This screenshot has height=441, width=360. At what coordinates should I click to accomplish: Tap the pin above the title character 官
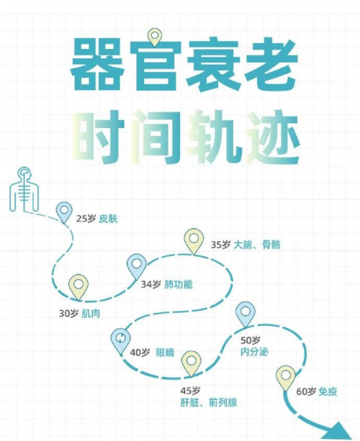point(154,37)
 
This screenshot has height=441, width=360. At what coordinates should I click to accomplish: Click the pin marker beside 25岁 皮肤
point(64,212)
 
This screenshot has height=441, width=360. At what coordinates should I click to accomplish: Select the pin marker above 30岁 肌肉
point(78,287)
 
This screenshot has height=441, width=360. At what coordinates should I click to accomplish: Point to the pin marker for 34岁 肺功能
point(137,266)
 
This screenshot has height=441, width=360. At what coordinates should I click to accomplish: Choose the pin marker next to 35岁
point(194,241)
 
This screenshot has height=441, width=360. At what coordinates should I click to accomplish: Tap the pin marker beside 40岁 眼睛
point(121,341)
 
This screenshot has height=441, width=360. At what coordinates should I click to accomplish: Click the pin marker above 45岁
point(191,363)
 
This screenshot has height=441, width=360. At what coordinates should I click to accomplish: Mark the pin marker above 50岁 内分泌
point(246,314)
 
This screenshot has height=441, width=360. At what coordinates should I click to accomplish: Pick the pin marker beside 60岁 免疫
point(286,378)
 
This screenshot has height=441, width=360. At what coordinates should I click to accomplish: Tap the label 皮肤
point(108,219)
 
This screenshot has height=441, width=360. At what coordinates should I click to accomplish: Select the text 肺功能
point(179,285)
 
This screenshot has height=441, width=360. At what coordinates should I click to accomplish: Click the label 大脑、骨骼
point(257,245)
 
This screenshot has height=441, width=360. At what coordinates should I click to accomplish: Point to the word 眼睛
point(165,353)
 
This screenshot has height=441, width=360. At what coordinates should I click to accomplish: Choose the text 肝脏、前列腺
point(209,402)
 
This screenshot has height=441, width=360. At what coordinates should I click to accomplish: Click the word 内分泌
point(254,352)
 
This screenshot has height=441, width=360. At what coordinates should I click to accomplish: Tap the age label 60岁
point(306,391)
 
